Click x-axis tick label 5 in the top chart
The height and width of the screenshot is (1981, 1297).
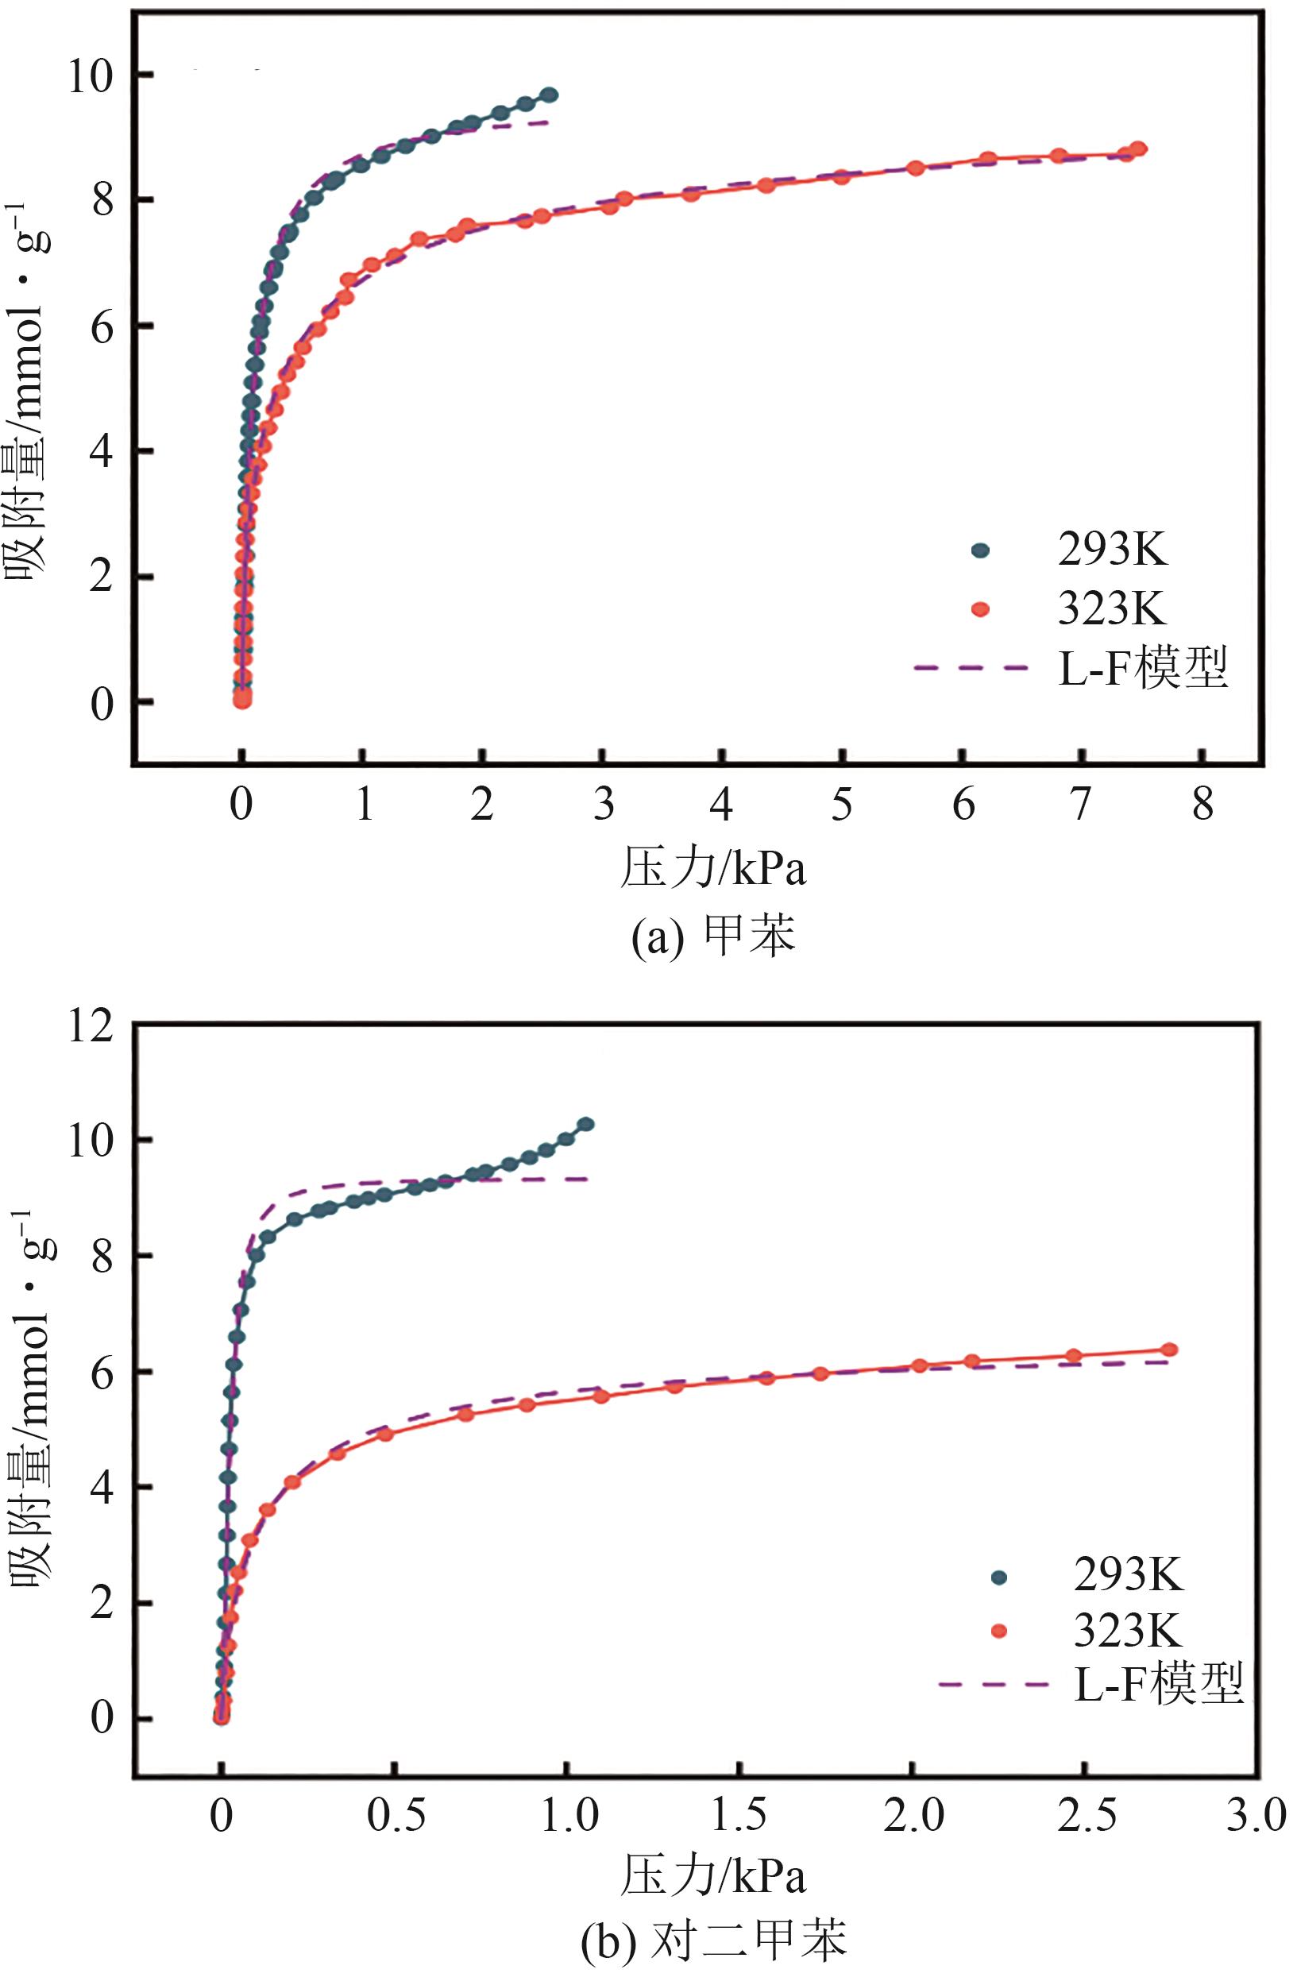(x=842, y=805)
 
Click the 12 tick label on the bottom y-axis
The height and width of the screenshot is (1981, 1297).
(x=90, y=1025)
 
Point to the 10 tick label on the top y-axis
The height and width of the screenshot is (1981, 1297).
(x=90, y=76)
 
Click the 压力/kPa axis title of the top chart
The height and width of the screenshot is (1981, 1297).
(x=712, y=869)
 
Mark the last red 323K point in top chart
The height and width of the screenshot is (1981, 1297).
(x=1138, y=149)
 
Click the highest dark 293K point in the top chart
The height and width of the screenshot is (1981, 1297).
(x=550, y=95)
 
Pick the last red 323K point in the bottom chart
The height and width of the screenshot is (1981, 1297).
(x=1169, y=1350)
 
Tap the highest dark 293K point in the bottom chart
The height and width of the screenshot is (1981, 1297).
(x=586, y=1125)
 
